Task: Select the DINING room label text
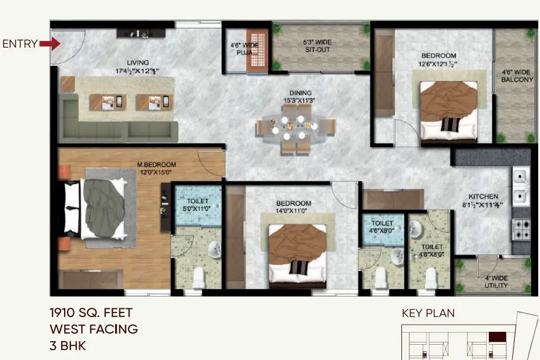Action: click(x=300, y=97)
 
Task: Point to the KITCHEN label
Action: click(x=483, y=200)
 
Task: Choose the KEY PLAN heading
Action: click(x=428, y=313)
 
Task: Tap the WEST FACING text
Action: click(x=94, y=329)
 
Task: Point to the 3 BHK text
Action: click(x=68, y=345)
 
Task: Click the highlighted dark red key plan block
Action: click(x=498, y=337)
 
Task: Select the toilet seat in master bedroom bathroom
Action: click(x=198, y=276)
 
